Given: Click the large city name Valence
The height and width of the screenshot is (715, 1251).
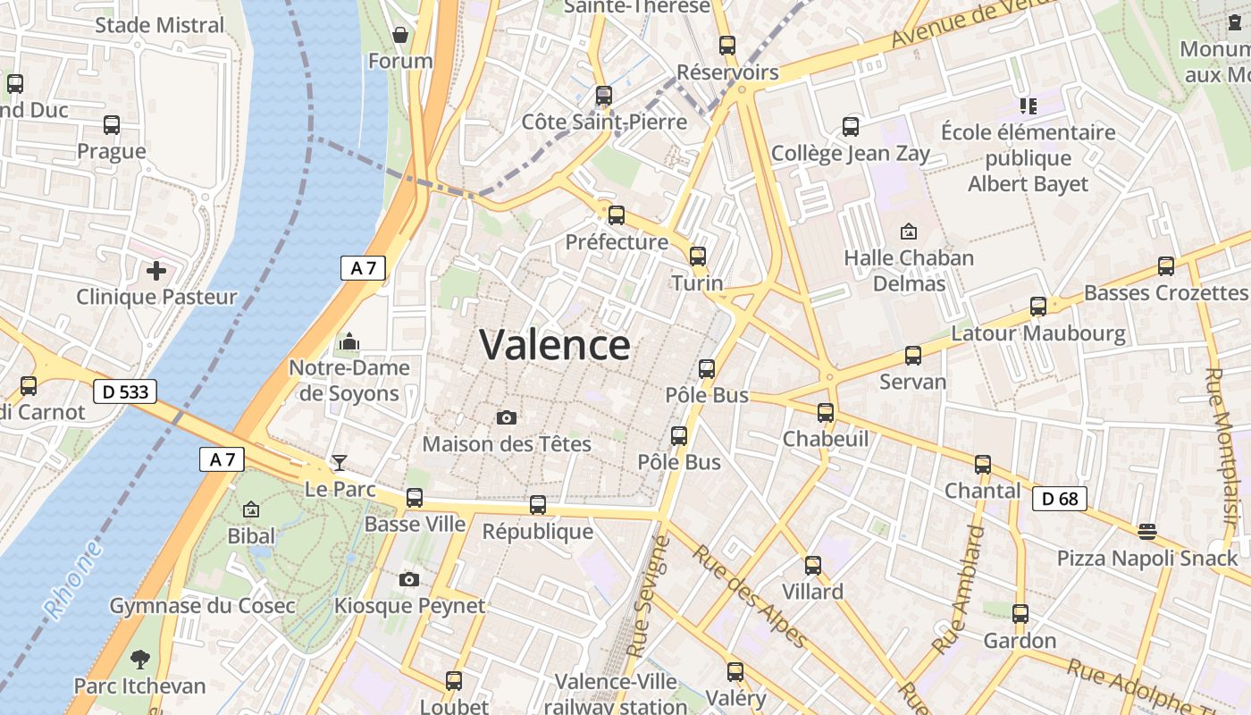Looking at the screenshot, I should tap(555, 345).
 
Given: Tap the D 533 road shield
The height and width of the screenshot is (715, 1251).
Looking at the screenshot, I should tap(125, 391).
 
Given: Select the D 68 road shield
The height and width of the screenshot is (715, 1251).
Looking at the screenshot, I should tap(1061, 499).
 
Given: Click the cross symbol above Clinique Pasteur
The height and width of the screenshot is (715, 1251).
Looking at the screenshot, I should tap(156, 270).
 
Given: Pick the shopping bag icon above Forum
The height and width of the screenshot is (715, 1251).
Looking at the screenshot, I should tap(400, 35).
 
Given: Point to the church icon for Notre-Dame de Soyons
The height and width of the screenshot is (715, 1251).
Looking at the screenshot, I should tap(348, 341).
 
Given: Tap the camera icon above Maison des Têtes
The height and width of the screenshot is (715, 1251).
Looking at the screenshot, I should tap(507, 417).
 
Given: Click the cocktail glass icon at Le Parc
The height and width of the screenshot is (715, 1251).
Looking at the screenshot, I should tap(340, 462).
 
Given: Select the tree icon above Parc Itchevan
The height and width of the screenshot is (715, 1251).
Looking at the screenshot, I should tap(139, 660).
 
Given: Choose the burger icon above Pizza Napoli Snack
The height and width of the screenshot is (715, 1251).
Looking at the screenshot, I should tap(1147, 532).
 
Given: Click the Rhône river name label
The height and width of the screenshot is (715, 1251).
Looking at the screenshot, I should tap(73, 581).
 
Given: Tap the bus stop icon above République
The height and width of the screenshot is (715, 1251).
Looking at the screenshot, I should tap(538, 505).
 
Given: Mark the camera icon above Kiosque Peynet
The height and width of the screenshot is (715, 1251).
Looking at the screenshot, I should tap(409, 579).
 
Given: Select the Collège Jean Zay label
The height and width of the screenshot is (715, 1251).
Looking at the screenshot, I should tap(850, 154).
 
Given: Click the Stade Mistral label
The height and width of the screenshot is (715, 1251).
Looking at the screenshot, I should tap(160, 24).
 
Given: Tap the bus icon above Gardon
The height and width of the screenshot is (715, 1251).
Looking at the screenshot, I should tap(1020, 614).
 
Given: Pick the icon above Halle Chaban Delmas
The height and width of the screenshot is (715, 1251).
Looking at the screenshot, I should tap(909, 231).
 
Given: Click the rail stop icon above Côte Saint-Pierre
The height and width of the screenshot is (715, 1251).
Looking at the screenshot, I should tap(604, 95).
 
